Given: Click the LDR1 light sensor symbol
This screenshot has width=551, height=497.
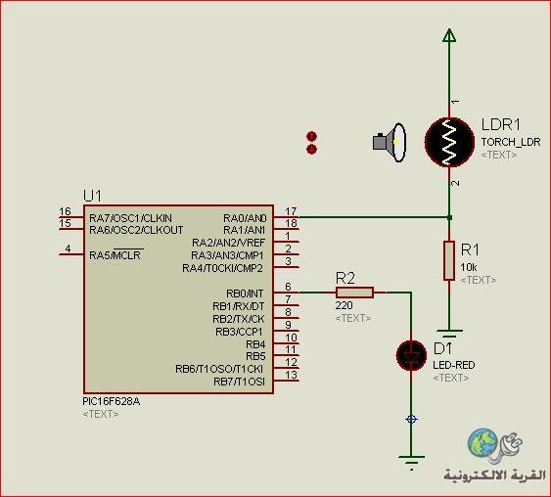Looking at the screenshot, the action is point(449,142).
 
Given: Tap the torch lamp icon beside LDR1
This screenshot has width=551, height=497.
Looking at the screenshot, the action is point(390,142).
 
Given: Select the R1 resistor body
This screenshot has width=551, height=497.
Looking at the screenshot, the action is point(449,260).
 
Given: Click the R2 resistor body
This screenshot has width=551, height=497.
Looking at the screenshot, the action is point(354,293).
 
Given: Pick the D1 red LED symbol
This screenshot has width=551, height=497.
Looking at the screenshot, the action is point(411,355).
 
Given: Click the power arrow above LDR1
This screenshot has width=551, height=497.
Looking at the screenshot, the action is point(449,35).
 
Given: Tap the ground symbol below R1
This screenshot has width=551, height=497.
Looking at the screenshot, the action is point(449,333).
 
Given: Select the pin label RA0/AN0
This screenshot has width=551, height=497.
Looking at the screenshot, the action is point(245,218).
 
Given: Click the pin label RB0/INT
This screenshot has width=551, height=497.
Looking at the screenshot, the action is point(245,294).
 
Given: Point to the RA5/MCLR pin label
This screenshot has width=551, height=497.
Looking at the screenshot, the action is point(115,254).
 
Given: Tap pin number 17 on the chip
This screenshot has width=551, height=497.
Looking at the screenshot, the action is point(291,211).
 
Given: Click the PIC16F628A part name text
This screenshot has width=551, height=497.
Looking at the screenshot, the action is point(111,401).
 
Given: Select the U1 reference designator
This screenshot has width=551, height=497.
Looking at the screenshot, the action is point(92,196).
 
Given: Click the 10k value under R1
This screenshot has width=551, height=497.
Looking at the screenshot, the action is point(469,267).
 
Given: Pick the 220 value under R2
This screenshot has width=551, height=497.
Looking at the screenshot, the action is point(344,305).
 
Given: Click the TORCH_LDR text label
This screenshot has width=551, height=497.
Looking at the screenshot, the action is point(511,142).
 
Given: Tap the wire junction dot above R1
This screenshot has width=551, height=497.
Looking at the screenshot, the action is point(449,217).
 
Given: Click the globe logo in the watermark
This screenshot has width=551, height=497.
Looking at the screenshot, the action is point(482,442).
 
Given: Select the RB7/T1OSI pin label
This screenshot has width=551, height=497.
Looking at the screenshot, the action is point(240,382).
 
